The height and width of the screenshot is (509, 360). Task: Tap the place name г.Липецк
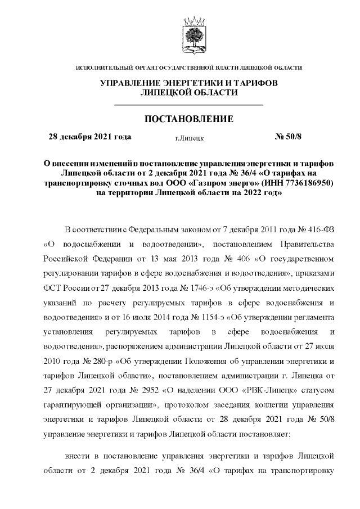[190, 137]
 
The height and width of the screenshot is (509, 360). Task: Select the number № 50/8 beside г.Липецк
[287, 136]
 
